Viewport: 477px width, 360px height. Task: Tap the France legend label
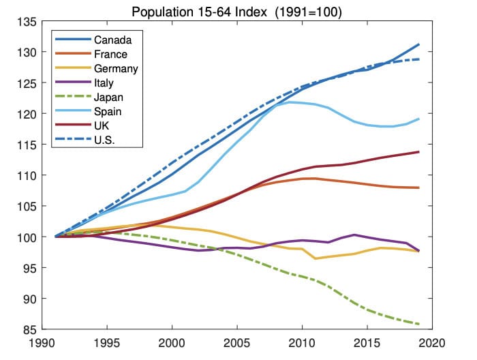pos(110,54)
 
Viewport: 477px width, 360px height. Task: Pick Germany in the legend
pos(116,69)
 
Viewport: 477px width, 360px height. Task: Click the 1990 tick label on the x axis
pos(42,344)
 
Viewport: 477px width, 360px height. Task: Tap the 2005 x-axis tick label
pos(237,344)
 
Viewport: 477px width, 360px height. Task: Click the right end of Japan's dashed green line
pos(418,324)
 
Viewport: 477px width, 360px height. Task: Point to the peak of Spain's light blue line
pos(290,102)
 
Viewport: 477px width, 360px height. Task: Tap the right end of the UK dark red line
pos(418,152)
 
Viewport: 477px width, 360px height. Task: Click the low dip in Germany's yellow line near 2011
pos(315,258)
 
